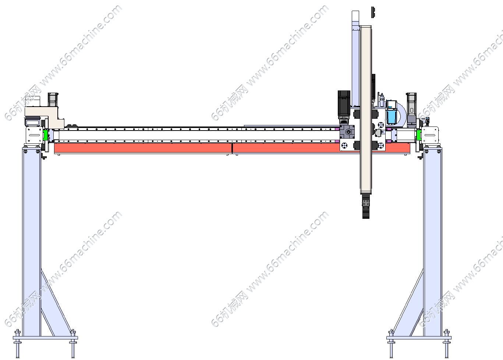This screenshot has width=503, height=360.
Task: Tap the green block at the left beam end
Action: pyautogui.click(x=46, y=135)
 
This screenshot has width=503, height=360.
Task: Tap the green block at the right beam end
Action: pyautogui.click(x=419, y=135)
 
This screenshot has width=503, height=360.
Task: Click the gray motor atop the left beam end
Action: pyautogui.click(x=53, y=100)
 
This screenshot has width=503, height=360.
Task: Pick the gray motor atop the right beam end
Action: pyautogui.click(x=411, y=107)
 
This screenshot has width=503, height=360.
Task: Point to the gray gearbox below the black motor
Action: pyautogui.click(x=347, y=132)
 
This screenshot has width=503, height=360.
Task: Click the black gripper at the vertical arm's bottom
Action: pyautogui.click(x=366, y=206)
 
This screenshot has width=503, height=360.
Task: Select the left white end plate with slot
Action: pyautogui.click(x=34, y=135)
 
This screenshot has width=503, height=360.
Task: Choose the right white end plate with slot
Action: pyautogui.click(x=430, y=135)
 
